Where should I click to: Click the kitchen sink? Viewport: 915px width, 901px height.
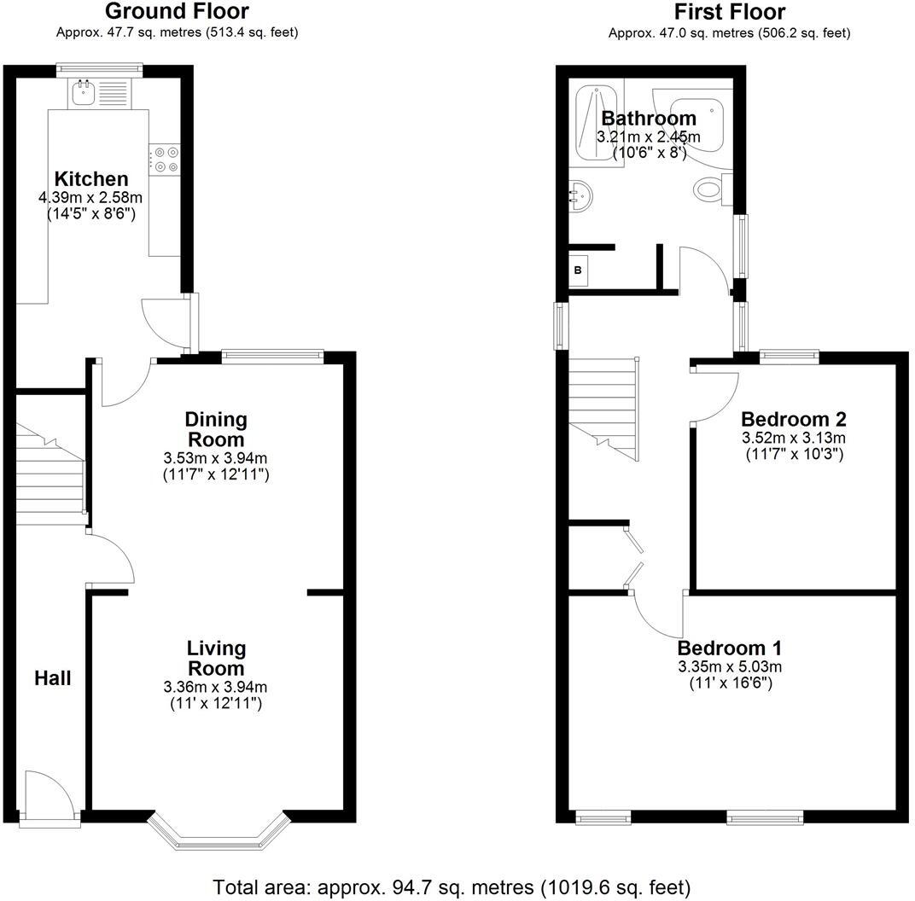(84, 91)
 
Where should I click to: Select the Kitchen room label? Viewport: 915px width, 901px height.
(91, 179)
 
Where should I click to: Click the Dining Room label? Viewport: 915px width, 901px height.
(216, 429)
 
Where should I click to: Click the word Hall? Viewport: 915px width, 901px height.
(53, 678)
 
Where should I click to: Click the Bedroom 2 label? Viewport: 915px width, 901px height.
(793, 419)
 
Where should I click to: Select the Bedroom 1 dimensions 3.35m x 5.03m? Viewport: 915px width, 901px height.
(730, 666)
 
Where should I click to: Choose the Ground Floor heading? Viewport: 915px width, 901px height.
(177, 11)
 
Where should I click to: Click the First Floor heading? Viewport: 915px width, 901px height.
(729, 12)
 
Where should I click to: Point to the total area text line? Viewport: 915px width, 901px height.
(452, 886)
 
